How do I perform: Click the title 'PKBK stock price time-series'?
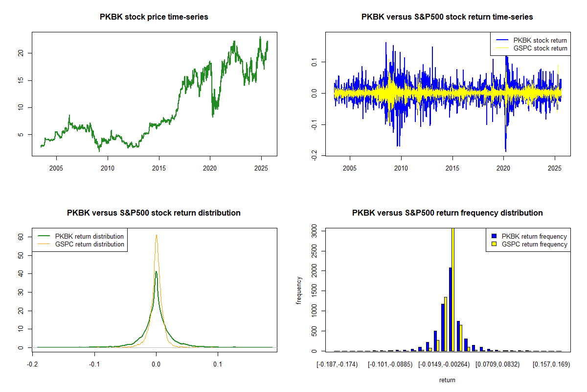(154, 17)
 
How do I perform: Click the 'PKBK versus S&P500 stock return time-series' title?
(447, 17)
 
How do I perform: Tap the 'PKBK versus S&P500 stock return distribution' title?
(154, 213)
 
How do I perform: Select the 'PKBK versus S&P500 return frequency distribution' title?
(447, 213)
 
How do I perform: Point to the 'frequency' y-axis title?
(299, 291)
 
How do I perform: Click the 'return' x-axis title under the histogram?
(447, 380)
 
